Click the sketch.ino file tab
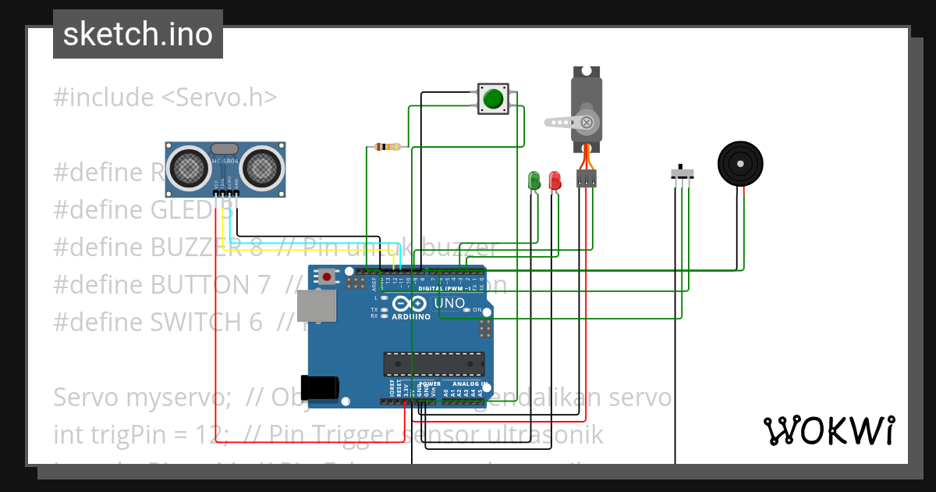click(x=137, y=34)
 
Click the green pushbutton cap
click(x=493, y=99)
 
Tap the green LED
click(x=534, y=180)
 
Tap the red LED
click(x=555, y=180)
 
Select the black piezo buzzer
click(x=739, y=163)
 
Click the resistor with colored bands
click(x=387, y=147)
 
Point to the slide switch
click(x=682, y=173)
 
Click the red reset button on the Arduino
click(x=326, y=276)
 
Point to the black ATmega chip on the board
click(x=433, y=364)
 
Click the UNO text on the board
click(x=449, y=304)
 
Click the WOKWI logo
click(x=828, y=430)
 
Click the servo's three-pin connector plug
click(x=586, y=179)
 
